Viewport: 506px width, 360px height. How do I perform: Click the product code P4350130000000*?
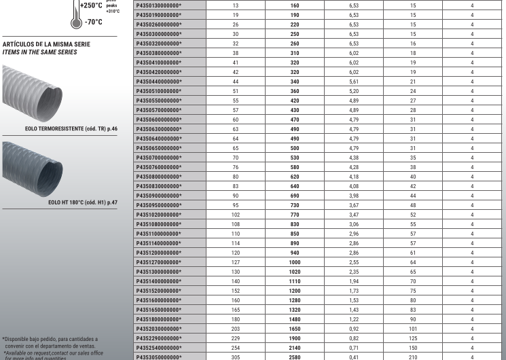(160, 4)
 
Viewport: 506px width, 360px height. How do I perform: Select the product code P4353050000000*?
(160, 356)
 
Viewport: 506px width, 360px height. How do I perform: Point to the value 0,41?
(353, 356)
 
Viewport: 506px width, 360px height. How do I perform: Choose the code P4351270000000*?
(160, 261)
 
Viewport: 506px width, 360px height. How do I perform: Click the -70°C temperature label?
(93, 22)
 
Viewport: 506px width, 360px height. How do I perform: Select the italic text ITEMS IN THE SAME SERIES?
(39, 52)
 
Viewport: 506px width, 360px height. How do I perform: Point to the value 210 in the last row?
(413, 356)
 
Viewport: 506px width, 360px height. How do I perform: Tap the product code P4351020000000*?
(160, 213)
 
